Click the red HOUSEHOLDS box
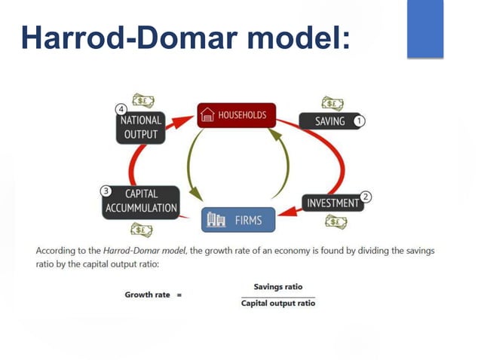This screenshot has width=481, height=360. pyautogui.click(x=237, y=115)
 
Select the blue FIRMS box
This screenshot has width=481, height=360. pyautogui.click(x=239, y=220)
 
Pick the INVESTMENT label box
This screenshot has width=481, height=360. pyautogui.click(x=331, y=203)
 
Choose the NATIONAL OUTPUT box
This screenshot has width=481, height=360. pyautogui.click(x=140, y=127)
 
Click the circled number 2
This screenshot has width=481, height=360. pyautogui.click(x=366, y=197)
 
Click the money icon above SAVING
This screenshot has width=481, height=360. pyautogui.click(x=332, y=103)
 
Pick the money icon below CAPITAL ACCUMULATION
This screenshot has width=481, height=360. pyautogui.click(x=141, y=229)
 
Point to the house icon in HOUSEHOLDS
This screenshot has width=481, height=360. pyautogui.click(x=208, y=116)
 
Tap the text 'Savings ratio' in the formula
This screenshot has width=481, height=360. pyautogui.click(x=277, y=287)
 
